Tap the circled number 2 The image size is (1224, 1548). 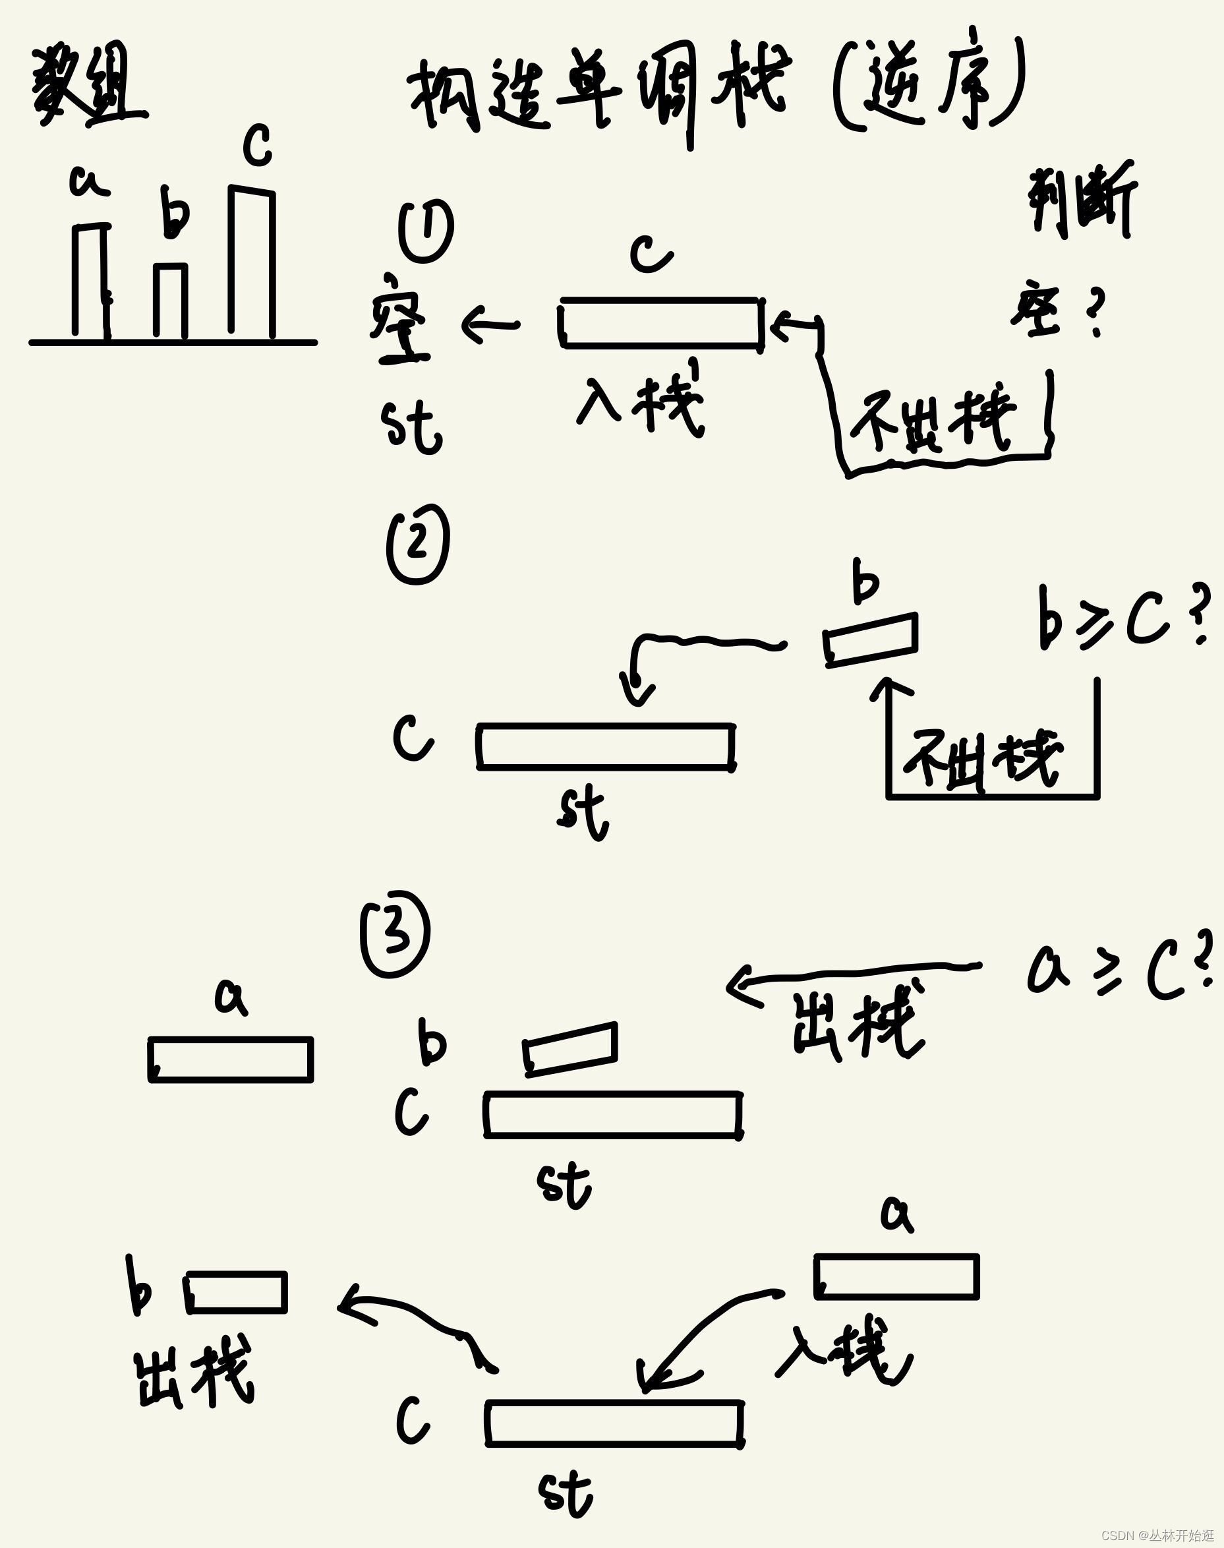coord(418,544)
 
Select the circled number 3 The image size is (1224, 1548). coord(395,934)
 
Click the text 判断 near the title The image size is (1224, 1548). coord(1081,200)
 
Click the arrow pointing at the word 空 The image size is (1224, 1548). coord(490,324)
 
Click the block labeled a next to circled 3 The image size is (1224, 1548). coord(231,1059)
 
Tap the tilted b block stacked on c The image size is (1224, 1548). coord(570,1048)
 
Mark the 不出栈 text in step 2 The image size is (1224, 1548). coord(982,759)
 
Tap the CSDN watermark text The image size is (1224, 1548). coord(1157,1535)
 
